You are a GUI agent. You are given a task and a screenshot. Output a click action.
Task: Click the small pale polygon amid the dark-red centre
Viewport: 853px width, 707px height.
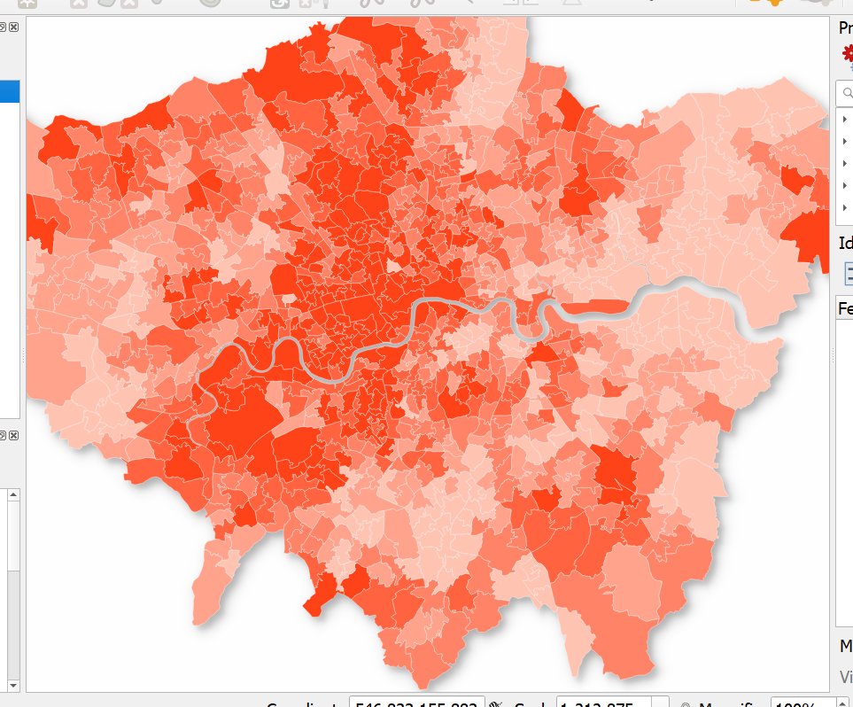click(x=393, y=265)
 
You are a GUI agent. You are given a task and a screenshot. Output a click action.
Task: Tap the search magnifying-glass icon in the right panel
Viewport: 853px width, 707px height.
click(x=847, y=92)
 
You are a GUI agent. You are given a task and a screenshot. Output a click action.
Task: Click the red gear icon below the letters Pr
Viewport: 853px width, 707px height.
click(x=848, y=54)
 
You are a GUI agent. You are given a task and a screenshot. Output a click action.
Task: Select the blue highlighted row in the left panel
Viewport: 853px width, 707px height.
click(x=10, y=91)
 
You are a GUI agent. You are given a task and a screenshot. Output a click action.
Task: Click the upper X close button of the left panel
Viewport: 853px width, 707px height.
click(x=14, y=28)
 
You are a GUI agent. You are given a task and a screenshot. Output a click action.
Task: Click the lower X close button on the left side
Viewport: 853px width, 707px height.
click(x=14, y=435)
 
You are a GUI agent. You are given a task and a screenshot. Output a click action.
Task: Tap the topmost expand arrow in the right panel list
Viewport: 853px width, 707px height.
click(x=845, y=120)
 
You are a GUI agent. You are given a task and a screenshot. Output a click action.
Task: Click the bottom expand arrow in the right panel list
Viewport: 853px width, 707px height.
click(x=845, y=207)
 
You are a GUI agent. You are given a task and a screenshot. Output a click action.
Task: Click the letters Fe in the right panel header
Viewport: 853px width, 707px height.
click(x=845, y=308)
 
